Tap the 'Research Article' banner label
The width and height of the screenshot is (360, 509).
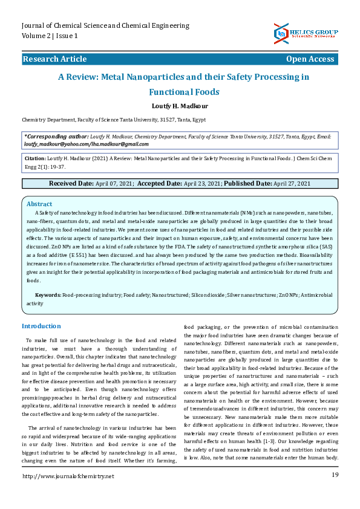pos(54,59)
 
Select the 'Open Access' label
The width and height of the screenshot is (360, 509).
pos(310,59)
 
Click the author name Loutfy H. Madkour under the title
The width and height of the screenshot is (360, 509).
pos(180,106)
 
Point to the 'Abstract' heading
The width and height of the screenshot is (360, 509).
pos(39,204)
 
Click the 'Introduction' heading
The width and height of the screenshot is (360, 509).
pos(41,326)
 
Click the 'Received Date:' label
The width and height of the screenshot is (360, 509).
pos(71,183)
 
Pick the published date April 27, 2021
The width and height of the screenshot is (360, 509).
pos(292,183)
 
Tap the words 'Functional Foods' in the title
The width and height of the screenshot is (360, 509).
pos(184,92)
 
